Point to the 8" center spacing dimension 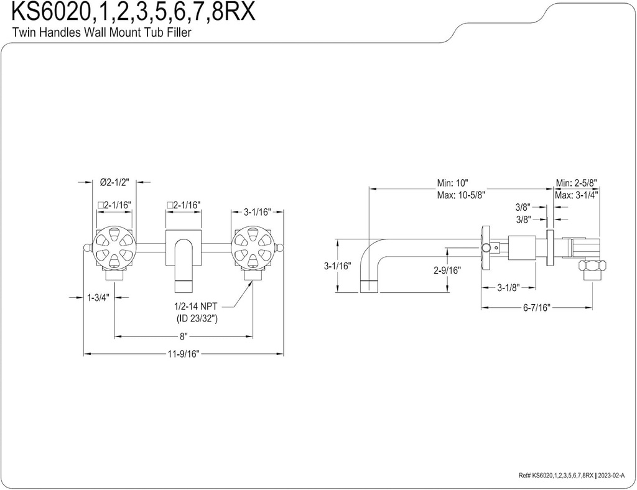coord(183,337)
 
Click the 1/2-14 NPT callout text coord(195,307)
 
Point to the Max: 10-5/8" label coord(461,194)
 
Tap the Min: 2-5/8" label coord(576,183)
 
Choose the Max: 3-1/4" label coord(576,194)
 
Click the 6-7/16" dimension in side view coord(536,308)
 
